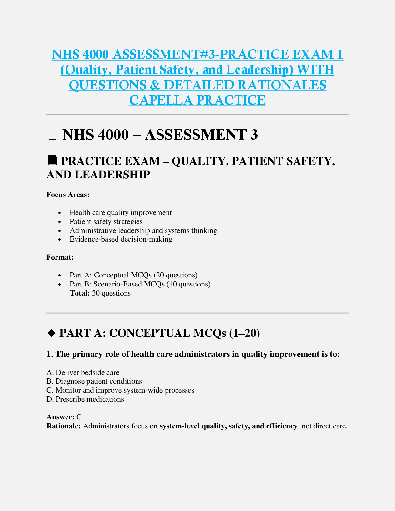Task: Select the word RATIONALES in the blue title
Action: click(x=282, y=85)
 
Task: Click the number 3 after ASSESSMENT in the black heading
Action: click(x=254, y=135)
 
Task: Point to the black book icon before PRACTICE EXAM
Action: click(x=52, y=160)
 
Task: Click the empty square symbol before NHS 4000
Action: click(x=52, y=135)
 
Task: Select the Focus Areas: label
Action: click(x=68, y=195)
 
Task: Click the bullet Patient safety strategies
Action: click(x=106, y=222)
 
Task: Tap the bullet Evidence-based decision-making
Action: click(x=121, y=239)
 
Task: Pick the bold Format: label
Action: click(x=60, y=257)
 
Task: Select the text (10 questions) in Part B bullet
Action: click(x=188, y=284)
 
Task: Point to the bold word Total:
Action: click(x=80, y=293)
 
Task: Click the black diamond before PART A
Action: click(x=51, y=333)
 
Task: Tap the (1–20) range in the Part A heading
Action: click(x=244, y=333)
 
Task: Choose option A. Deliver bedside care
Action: click(x=83, y=373)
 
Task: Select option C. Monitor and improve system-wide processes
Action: click(x=120, y=390)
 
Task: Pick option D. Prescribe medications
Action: click(x=85, y=399)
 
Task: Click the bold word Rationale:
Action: click(x=64, y=426)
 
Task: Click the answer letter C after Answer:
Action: click(x=79, y=417)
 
